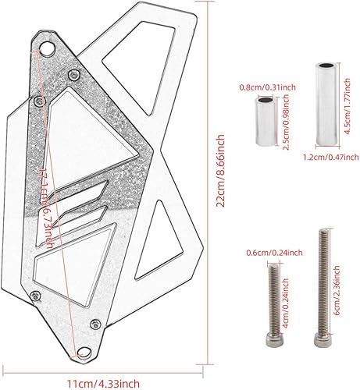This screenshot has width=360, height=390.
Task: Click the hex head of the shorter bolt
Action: point(274,336)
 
